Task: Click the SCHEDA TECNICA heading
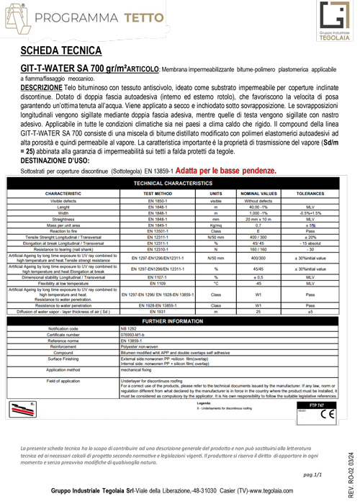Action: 60,51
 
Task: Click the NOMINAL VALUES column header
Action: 258,194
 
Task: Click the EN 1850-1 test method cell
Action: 151,201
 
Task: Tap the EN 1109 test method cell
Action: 151,284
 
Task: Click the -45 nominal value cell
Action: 258,284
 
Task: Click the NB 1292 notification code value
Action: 130,328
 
